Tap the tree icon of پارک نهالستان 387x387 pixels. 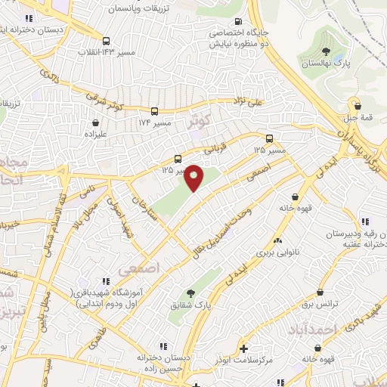[326, 51]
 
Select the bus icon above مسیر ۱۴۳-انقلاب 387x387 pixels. [106, 42]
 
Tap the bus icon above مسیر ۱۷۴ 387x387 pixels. [154, 110]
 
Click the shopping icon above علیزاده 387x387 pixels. [96, 121]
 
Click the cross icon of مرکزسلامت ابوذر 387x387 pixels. [243, 348]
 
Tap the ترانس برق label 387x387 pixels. [319, 303]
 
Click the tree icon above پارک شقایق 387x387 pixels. [190, 293]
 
